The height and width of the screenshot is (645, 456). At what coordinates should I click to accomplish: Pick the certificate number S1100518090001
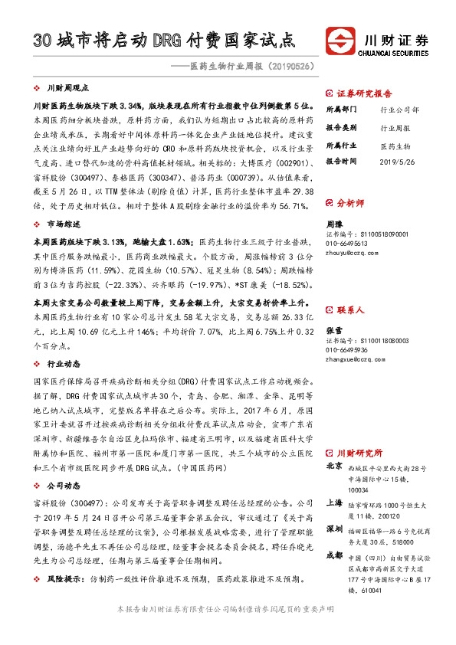tap(367, 234)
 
